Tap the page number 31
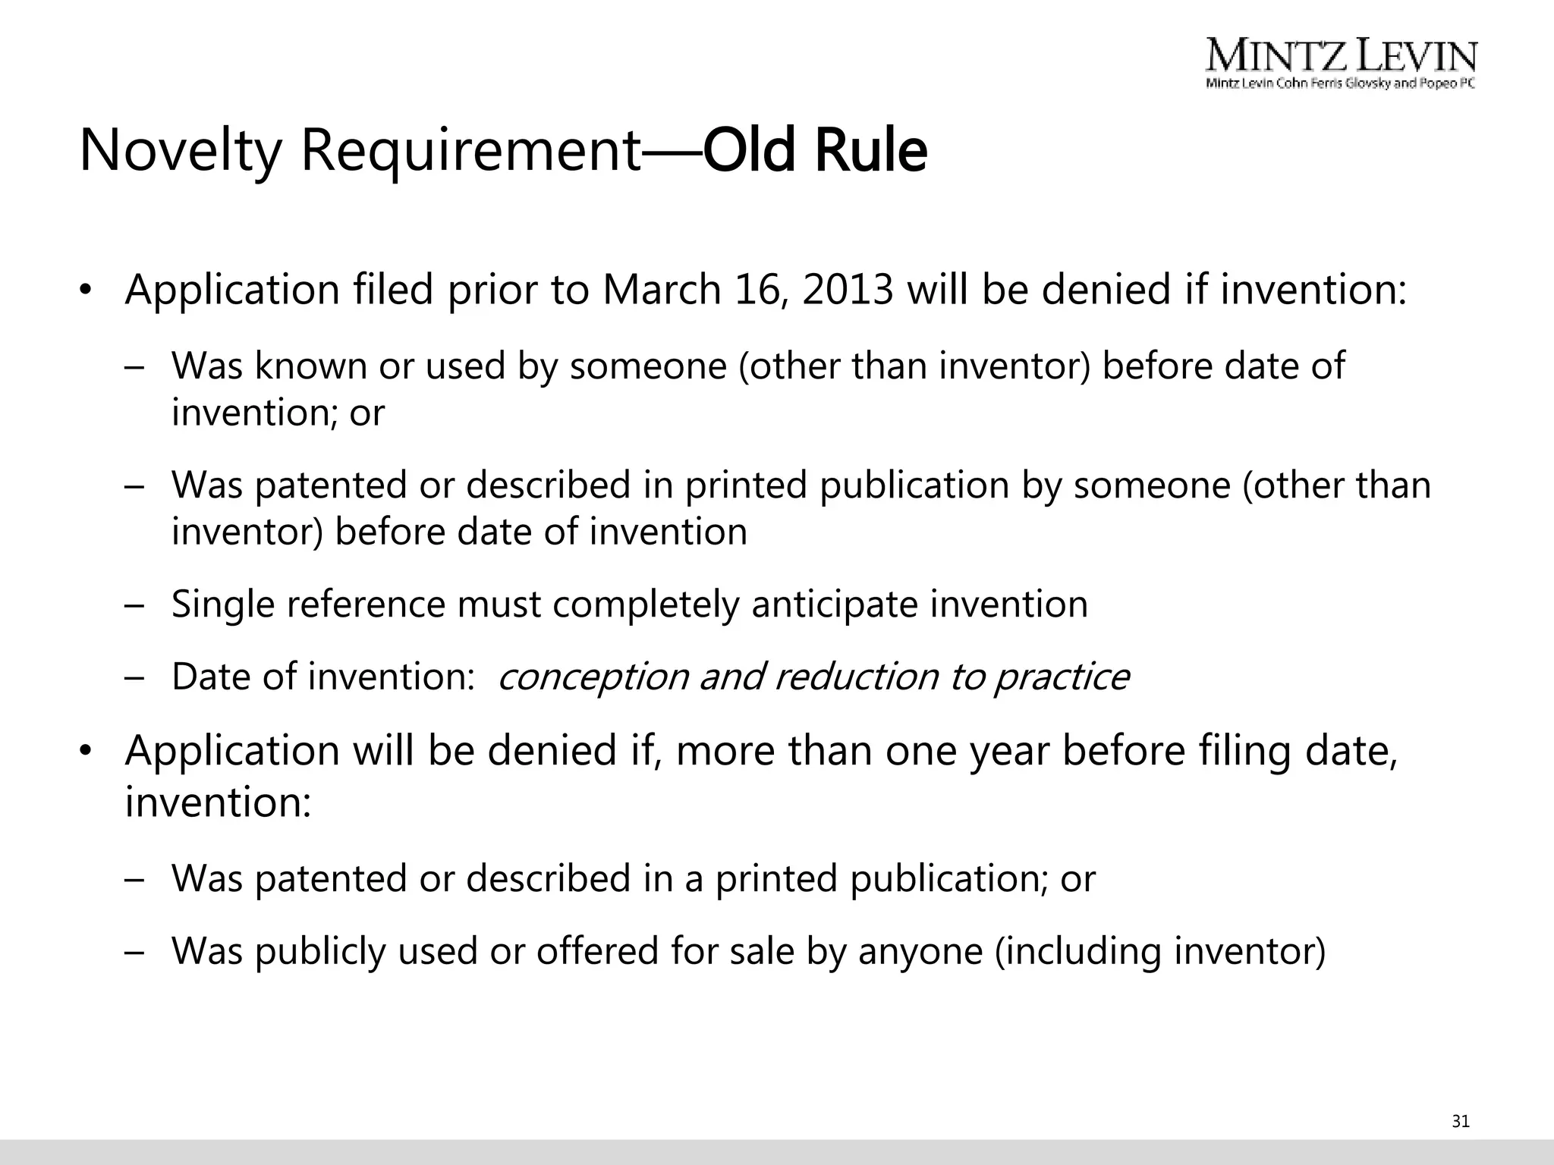(x=1461, y=1121)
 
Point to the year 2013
(x=848, y=290)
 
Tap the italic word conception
(x=593, y=677)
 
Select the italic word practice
(x=1062, y=677)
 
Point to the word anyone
(x=920, y=951)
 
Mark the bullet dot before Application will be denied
(x=86, y=752)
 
